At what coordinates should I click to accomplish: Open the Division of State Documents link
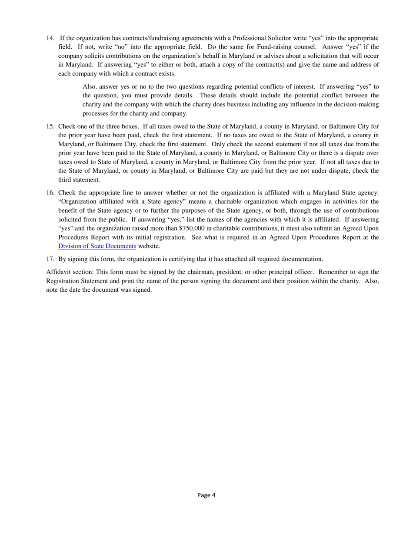(x=97, y=246)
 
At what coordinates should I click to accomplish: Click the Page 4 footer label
(x=206, y=494)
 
